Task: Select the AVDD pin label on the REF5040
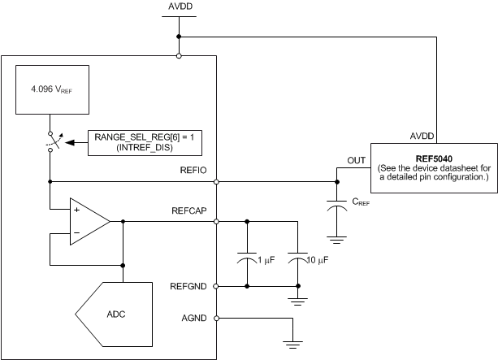(421, 136)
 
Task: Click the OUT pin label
(356, 161)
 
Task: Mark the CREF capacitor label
(362, 203)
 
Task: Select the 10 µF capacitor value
(321, 259)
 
